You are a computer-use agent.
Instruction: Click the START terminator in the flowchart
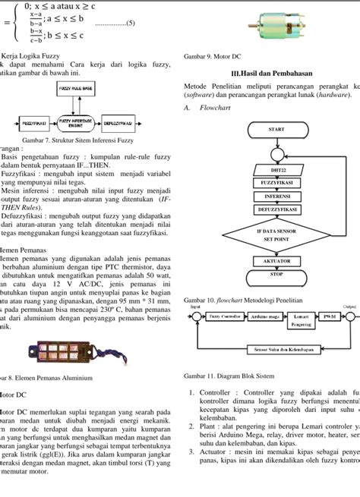pyautogui.click(x=276, y=130)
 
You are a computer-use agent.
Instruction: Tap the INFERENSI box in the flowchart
pyautogui.click(x=277, y=195)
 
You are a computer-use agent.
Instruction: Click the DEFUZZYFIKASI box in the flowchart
pyautogui.click(x=277, y=207)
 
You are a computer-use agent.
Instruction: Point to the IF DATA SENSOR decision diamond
pyautogui.click(x=276, y=232)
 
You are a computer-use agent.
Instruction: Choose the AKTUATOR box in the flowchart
pyautogui.click(x=276, y=260)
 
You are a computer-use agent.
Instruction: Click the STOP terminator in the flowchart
pyautogui.click(x=276, y=274)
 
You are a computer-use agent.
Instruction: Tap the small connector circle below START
pyautogui.click(x=276, y=156)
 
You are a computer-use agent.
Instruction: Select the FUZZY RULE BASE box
pyautogui.click(x=75, y=89)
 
